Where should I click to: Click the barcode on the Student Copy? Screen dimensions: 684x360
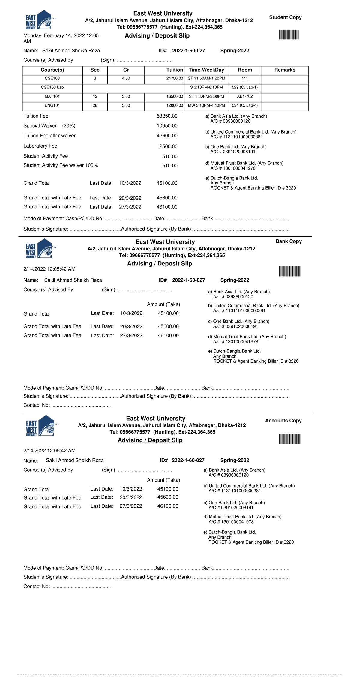(289, 35)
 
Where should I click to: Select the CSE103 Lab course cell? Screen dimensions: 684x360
(52, 88)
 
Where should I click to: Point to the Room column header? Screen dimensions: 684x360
(245, 70)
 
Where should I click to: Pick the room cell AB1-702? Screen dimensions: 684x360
(245, 97)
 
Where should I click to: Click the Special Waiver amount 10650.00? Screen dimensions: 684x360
(167, 126)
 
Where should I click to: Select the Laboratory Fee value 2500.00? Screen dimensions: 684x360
(168, 146)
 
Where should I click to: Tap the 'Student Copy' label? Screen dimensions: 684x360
(285, 17)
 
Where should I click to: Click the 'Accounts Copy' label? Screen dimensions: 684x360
(283, 421)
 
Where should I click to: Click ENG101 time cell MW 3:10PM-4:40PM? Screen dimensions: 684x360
(206, 106)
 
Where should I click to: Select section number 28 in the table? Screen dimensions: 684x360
(95, 106)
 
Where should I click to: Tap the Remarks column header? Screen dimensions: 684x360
(285, 70)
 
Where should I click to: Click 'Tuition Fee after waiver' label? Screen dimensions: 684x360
(49, 136)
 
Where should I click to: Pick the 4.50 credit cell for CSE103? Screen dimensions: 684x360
(126, 79)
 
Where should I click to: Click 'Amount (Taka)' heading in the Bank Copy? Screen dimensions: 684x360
(163, 304)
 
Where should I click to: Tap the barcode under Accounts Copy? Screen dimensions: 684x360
(289, 439)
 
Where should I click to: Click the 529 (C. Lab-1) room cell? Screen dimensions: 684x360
(245, 88)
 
